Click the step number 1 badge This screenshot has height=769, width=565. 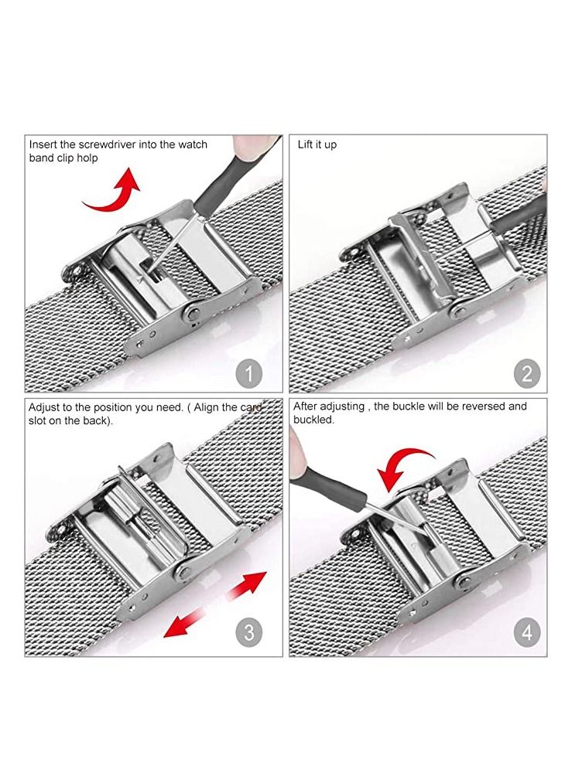click(x=248, y=374)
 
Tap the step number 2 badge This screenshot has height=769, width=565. click(x=527, y=374)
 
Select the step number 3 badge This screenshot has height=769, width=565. click(x=248, y=634)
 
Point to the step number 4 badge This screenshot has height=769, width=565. click(x=527, y=634)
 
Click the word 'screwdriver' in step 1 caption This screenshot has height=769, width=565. click(x=91, y=145)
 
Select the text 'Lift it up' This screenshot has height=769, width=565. click(x=317, y=145)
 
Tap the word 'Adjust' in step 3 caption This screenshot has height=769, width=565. click(x=45, y=407)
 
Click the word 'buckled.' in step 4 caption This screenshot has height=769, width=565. click(x=313, y=420)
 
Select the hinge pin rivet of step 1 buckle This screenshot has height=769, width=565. click(x=189, y=312)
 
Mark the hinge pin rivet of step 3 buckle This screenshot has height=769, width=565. click(x=183, y=573)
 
